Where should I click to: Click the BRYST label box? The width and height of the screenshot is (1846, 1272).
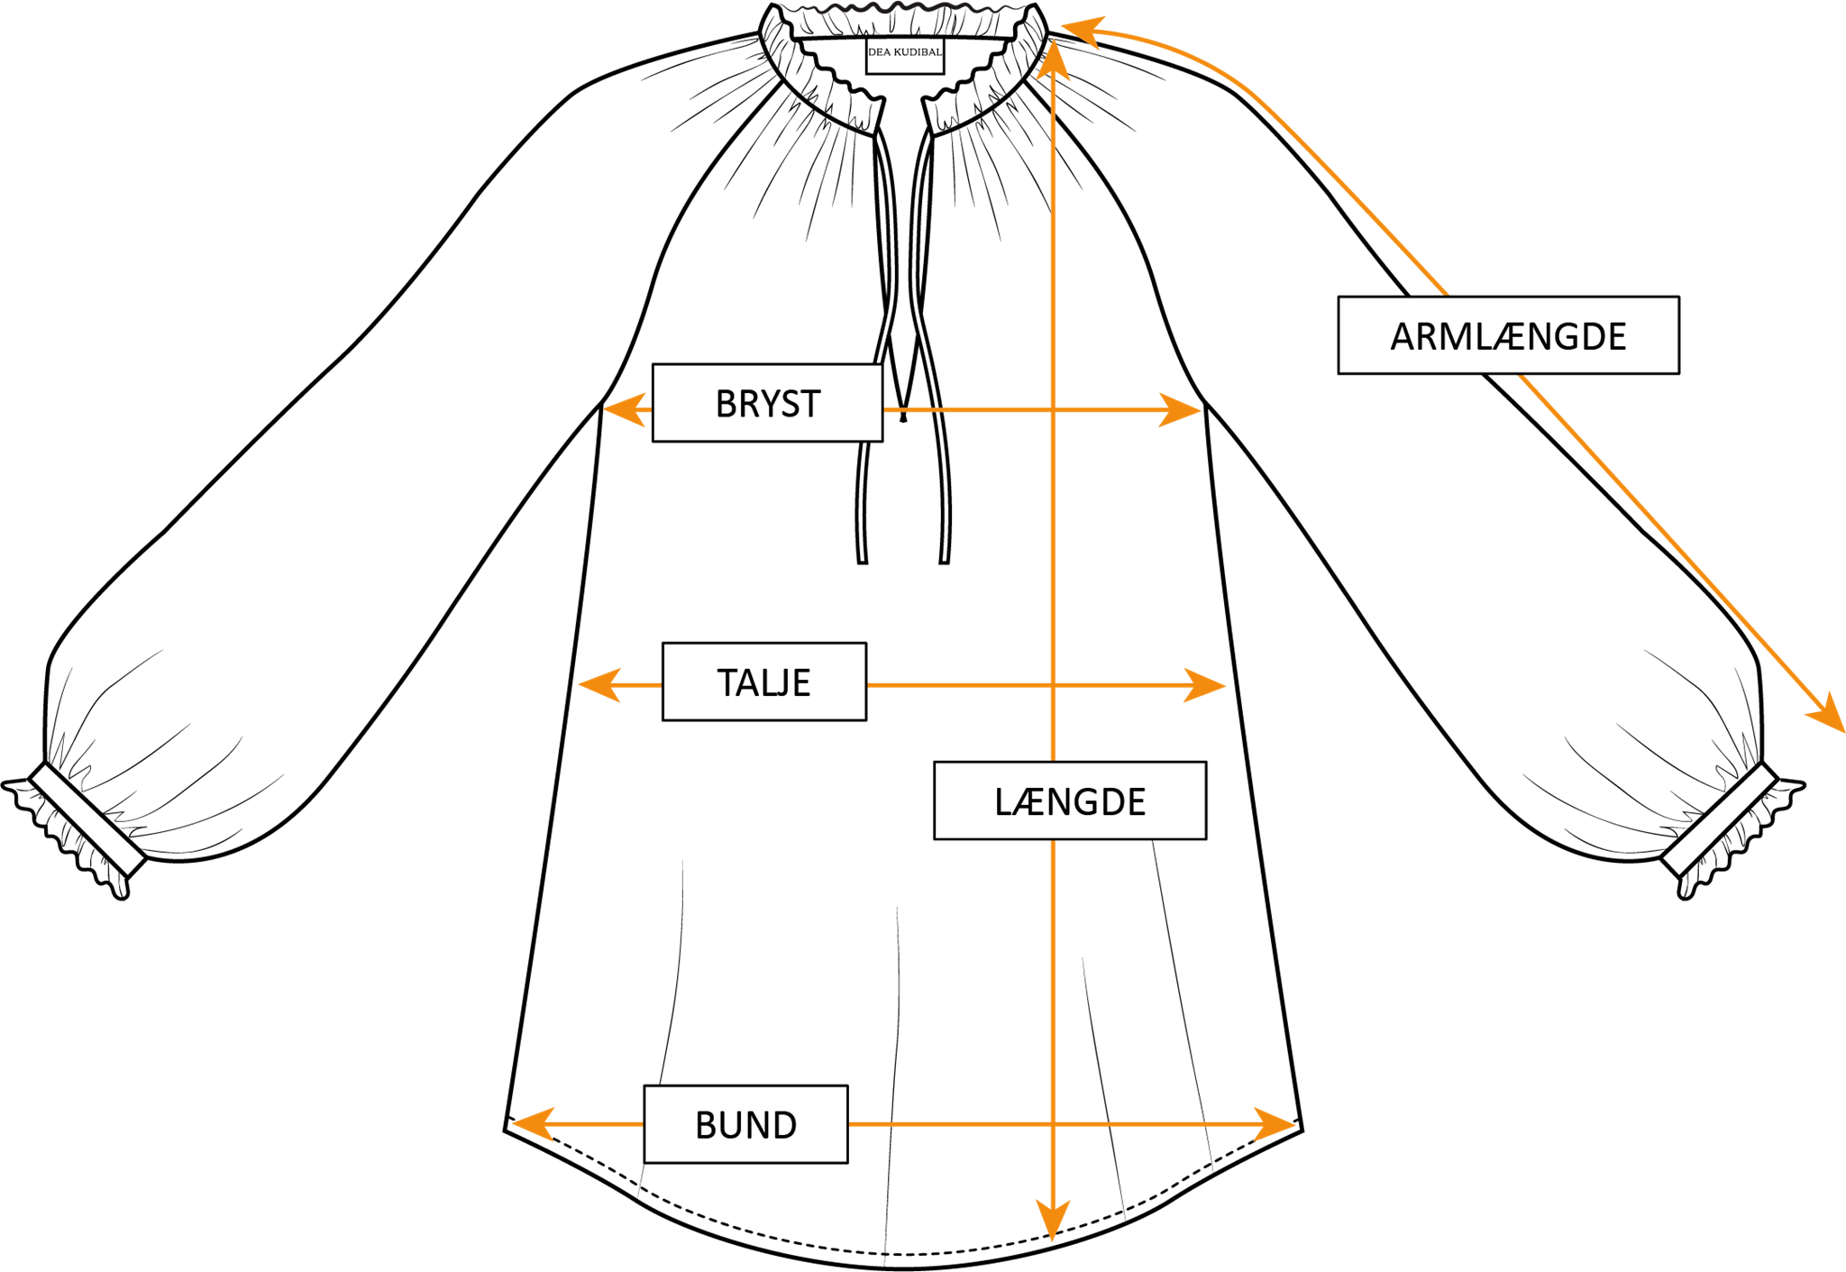(767, 403)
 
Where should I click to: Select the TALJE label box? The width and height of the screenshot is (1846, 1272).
(763, 682)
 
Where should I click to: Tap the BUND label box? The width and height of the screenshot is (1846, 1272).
(745, 1124)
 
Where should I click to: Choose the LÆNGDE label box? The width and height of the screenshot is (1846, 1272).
(1069, 801)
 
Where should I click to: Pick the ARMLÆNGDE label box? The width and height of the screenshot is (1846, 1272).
(1508, 335)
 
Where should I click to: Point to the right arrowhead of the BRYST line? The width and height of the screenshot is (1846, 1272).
(1183, 410)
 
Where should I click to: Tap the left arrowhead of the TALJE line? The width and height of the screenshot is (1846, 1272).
(597, 684)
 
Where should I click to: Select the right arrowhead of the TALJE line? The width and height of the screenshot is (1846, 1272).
(1208, 685)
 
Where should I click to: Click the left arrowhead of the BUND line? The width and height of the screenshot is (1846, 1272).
(531, 1124)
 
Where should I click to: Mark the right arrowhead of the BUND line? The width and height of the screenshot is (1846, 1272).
(1277, 1124)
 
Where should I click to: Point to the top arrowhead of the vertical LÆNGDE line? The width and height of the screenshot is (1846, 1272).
(1053, 59)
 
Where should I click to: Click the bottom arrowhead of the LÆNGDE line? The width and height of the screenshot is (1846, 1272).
(1052, 1223)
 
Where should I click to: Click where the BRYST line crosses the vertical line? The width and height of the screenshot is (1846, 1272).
(1053, 410)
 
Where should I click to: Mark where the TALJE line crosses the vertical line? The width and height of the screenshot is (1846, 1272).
(1053, 685)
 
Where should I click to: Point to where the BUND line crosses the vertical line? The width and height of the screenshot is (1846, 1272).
(1053, 1124)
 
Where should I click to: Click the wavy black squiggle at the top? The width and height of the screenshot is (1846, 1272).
(901, 8)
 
